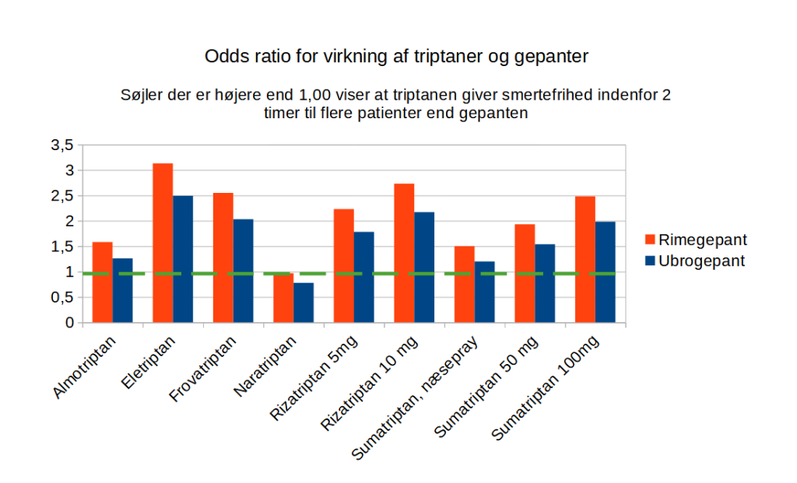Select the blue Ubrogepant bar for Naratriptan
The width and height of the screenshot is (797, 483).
click(x=304, y=303)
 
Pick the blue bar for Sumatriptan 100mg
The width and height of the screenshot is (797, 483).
click(x=605, y=272)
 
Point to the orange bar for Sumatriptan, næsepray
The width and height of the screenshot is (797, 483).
click(x=464, y=284)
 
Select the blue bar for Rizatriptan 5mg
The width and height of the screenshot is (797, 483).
click(x=363, y=277)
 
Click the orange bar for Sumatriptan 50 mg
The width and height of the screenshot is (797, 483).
click(x=525, y=273)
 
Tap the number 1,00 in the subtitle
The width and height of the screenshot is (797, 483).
click(x=315, y=96)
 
